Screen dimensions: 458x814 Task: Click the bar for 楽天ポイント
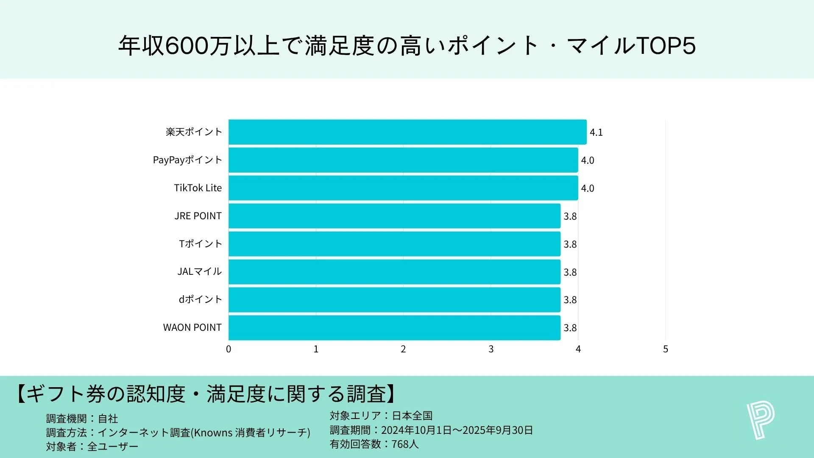(x=407, y=132)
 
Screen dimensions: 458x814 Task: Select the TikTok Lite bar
(x=403, y=188)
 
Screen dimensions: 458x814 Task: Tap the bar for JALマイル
(x=394, y=272)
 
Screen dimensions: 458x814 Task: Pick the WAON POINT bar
(x=394, y=327)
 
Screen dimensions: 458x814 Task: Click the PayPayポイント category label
(x=187, y=160)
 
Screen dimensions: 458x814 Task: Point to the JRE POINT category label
(x=198, y=216)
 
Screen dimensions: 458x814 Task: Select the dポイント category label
(x=200, y=299)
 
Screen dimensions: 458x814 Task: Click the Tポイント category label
(x=200, y=244)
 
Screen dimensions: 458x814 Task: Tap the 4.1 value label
(x=596, y=132)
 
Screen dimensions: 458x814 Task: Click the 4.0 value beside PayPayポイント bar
(x=587, y=160)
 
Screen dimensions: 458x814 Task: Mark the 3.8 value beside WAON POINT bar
(x=570, y=328)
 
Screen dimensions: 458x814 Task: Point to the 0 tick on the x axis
(x=229, y=349)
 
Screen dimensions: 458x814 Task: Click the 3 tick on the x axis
(x=491, y=349)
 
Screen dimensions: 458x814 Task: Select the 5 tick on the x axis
(x=665, y=349)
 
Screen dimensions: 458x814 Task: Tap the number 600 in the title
(x=187, y=46)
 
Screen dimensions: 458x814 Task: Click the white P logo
(x=761, y=421)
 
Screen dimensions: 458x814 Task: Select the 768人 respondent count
(x=405, y=444)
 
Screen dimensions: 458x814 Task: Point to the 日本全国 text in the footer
(x=412, y=416)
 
